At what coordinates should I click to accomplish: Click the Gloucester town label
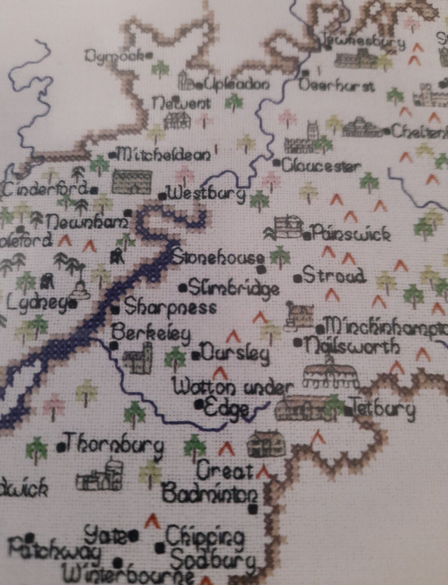(x=320, y=167)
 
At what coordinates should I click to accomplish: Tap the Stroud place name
(x=334, y=276)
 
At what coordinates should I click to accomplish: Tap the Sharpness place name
(x=170, y=308)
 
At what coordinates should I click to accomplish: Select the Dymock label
(x=115, y=57)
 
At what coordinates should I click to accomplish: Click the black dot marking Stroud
(x=298, y=278)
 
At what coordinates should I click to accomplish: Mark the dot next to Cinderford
(x=94, y=190)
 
